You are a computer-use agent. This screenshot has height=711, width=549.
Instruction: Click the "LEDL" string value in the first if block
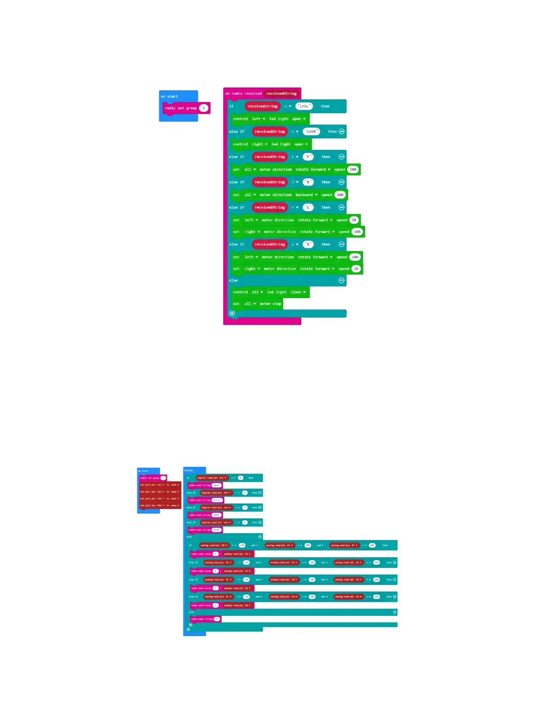pos(304,106)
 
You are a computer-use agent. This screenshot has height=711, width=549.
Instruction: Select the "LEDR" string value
pos(311,132)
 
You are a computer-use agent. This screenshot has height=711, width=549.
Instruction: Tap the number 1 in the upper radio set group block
pos(204,108)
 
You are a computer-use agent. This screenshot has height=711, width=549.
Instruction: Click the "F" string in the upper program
pos(308,157)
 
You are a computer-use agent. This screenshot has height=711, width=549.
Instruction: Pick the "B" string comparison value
pos(308,182)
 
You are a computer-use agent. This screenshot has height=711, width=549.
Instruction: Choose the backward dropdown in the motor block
pos(306,195)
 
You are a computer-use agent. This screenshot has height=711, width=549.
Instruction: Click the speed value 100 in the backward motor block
pos(340,195)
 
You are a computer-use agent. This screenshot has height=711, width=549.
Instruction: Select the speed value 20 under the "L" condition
pos(354,220)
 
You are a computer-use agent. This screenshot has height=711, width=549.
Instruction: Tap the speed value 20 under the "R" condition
pos(356,269)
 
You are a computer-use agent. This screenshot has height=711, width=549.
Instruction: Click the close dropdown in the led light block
pos(298,292)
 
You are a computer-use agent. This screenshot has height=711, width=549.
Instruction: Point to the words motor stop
pos(270,304)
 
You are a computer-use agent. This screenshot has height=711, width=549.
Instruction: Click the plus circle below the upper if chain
pos(232,313)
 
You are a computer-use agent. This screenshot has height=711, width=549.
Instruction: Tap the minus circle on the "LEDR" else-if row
pos(341,132)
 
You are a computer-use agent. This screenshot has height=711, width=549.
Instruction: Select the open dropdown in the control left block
pos(299,119)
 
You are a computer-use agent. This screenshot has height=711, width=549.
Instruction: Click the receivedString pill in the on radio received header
pos(281,94)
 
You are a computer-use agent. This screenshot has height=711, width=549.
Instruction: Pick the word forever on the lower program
pos(189,470)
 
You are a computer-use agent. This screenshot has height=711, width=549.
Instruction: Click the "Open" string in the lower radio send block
pos(217,485)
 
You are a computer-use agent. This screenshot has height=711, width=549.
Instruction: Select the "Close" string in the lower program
pos(217,500)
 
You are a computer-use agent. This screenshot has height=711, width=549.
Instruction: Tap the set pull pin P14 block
pos(160,499)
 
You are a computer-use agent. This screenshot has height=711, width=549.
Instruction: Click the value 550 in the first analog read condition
pos(242,545)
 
